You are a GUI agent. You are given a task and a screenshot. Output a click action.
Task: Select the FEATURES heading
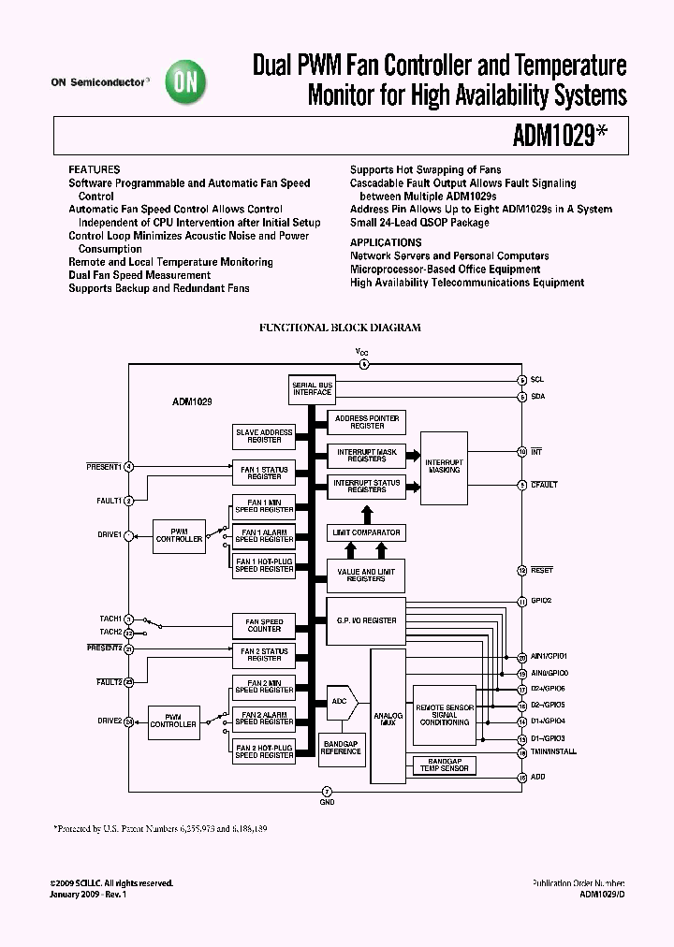coord(94,170)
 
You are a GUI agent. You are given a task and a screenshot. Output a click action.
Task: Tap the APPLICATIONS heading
coord(386,242)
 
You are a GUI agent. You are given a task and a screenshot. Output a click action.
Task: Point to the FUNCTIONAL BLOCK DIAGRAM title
coord(339,328)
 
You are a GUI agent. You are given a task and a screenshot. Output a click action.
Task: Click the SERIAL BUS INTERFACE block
coord(312,388)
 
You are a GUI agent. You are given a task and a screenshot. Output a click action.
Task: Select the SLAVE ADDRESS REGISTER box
coord(264,436)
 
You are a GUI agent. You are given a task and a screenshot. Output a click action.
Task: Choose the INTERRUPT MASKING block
coord(444,465)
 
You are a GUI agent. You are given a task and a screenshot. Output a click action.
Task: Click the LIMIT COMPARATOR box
coord(367,532)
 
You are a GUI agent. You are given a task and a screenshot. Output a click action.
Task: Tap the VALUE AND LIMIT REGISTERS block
coord(367,575)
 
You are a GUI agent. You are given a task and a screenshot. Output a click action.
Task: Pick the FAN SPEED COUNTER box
coord(264,625)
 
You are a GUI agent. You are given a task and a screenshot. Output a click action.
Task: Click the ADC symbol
coord(341,700)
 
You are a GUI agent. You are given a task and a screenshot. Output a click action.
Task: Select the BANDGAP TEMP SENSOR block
coord(445,765)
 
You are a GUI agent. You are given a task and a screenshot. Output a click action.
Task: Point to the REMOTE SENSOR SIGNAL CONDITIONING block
coord(445,715)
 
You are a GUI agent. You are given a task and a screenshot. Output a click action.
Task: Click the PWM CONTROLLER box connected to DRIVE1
coord(179,535)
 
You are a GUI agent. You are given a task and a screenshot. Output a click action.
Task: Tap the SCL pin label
coord(536,380)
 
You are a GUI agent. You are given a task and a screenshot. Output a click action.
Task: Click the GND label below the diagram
coord(327,802)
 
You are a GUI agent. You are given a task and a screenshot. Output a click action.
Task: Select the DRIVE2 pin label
coord(108,721)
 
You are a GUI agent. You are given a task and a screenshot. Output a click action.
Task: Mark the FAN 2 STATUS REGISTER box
coord(264,654)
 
